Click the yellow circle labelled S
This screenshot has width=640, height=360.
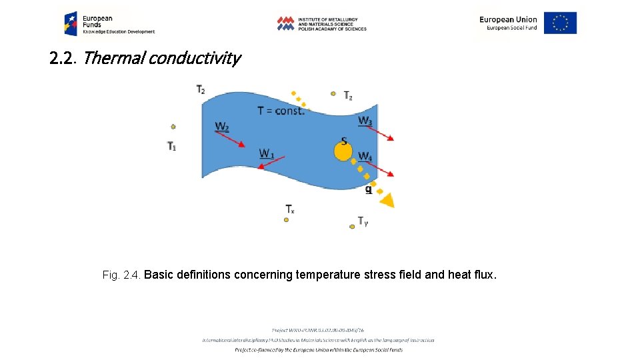tap(343, 151)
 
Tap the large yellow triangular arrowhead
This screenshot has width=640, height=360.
tap(387, 201)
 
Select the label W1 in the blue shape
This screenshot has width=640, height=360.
tap(267, 154)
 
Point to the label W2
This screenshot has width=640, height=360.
tap(222, 126)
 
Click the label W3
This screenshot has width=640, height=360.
tap(365, 121)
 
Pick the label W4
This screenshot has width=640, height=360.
tap(365, 156)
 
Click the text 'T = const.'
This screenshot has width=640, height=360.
tap(281, 111)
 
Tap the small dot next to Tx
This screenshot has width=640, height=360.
tap(287, 219)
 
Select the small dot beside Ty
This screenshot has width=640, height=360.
tap(352, 227)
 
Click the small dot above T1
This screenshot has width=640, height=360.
tap(173, 126)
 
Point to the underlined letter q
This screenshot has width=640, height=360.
tap(368, 189)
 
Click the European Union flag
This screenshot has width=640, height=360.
tap(559, 23)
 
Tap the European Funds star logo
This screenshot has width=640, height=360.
tap(70, 23)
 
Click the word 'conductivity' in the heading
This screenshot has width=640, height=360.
tap(194, 59)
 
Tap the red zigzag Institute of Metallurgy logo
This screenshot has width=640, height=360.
tap(285, 24)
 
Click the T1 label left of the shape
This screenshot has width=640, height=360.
tap(172, 146)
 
